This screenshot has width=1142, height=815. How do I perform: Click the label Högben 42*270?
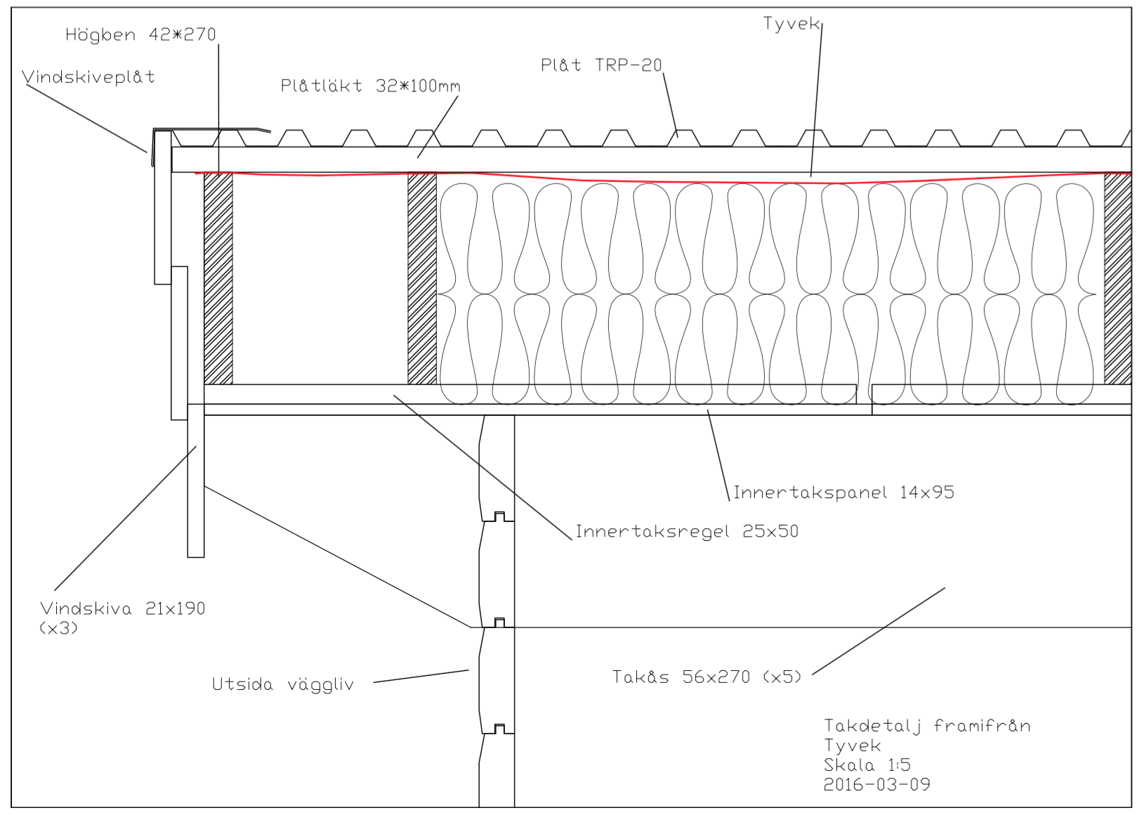tap(140, 34)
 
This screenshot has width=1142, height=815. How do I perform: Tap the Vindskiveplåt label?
tap(88, 77)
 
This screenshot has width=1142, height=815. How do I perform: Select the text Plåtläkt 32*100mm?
tap(370, 86)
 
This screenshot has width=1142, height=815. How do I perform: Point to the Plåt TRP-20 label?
tap(601, 65)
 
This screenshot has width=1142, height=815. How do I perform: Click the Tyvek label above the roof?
tap(791, 23)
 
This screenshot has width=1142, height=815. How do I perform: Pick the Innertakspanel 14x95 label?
tap(844, 493)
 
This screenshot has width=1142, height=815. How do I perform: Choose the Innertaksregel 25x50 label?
tap(687, 531)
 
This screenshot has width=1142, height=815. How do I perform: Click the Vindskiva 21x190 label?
tap(122, 608)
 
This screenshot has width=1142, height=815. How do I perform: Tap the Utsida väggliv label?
tap(283, 684)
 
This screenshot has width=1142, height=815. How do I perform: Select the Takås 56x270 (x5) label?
tap(707, 677)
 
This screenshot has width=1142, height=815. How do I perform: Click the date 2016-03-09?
tap(877, 784)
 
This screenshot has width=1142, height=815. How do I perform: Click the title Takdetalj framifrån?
tap(927, 725)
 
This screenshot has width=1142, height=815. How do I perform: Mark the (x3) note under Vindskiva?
tap(58, 628)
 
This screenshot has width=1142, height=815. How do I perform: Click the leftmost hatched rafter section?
tap(218, 278)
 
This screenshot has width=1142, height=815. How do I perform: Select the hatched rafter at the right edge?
tap(1118, 278)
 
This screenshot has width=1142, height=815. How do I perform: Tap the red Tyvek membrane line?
tap(663, 179)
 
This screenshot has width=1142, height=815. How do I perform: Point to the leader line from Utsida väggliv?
tap(421, 677)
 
